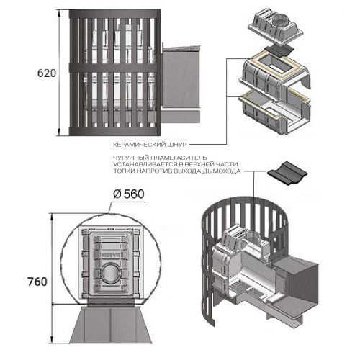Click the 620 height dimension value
click(47, 73)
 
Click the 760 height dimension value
click(37, 282)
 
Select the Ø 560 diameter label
click(129, 194)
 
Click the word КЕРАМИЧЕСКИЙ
click(138, 145)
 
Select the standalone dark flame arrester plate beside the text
click(287, 172)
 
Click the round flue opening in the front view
click(110, 274)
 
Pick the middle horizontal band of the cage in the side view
click(113, 68)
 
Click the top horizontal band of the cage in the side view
click(114, 14)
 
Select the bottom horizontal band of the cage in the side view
click(114, 131)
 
